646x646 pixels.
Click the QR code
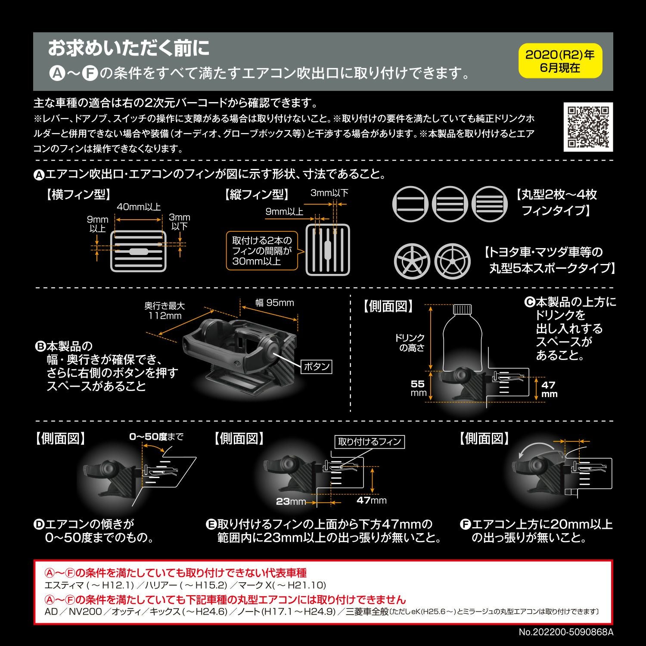588,127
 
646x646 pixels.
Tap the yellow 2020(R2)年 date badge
560,61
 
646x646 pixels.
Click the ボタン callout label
317,366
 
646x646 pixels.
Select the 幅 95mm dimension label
274,303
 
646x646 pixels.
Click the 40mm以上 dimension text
139,207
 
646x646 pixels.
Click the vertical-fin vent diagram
328,250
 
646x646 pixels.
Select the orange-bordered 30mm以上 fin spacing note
262,251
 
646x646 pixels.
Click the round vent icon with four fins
489,204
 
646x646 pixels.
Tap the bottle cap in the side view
463,309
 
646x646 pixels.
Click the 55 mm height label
418,388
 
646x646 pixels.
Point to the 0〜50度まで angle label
156,437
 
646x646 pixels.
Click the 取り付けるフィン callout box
370,441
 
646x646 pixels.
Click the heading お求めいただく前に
128,48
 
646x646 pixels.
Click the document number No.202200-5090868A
565,632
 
